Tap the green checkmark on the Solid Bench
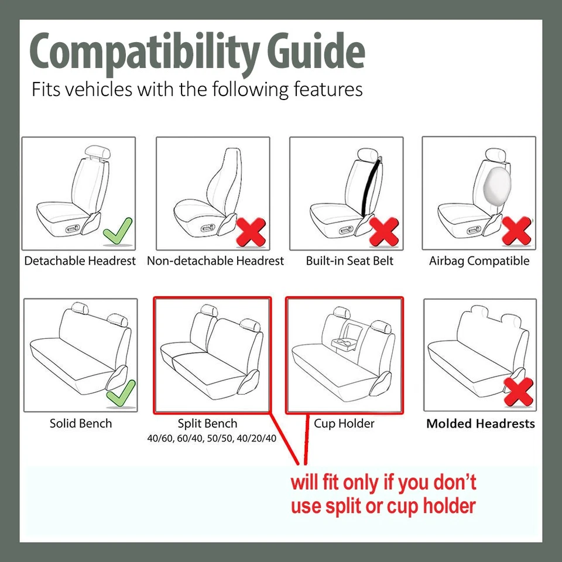pos(121,393)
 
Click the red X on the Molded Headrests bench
pos(518,392)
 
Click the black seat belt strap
pos(371,187)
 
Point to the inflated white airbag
pos(495,184)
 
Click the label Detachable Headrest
pos(80,261)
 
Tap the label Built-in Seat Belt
pos(349,261)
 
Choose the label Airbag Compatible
pos(479,261)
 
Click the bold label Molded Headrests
pos(480,424)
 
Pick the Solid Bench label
pos(80,423)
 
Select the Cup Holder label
pos(344,423)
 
